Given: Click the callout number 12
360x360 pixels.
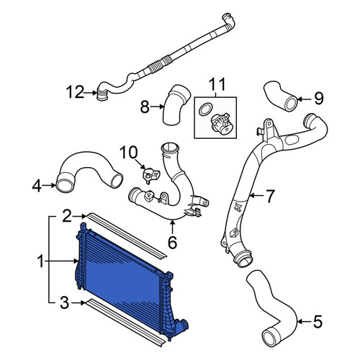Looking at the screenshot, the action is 75,92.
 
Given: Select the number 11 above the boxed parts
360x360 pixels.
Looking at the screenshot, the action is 217,84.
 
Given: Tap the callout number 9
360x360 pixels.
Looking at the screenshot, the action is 319,99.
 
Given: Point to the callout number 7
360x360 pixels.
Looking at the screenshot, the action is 270,196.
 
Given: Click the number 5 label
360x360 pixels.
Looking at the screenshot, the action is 318,321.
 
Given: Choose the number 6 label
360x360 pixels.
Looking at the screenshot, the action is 172,242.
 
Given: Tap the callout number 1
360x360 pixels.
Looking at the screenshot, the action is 41,261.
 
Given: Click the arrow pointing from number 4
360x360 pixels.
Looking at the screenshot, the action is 49,185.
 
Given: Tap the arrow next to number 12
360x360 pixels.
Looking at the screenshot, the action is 91,92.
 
